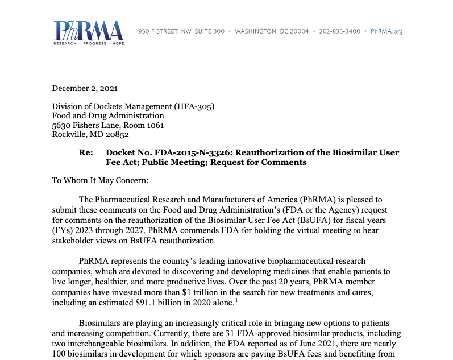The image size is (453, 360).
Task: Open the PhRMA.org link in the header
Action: coord(386,31)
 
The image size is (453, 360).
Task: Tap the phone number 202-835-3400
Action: coord(339,31)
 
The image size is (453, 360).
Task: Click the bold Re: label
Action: coord(86,152)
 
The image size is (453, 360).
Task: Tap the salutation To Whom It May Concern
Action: coord(99,180)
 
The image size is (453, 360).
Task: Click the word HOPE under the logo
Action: coord(118,43)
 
